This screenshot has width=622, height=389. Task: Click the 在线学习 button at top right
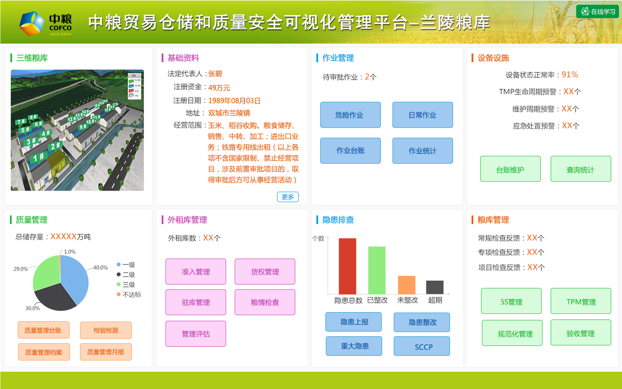(597, 12)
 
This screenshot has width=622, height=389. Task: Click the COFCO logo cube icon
(31, 23)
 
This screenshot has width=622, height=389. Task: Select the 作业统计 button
(422, 151)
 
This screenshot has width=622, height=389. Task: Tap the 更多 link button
(288, 197)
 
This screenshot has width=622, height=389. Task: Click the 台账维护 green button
(510, 169)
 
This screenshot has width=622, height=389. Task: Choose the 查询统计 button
(580, 169)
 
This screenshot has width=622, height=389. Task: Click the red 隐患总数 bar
(347, 266)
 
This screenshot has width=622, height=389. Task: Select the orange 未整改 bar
(406, 285)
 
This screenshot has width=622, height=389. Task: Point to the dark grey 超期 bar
(435, 287)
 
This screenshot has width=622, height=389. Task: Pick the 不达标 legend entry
(131, 295)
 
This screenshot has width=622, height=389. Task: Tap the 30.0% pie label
(32, 308)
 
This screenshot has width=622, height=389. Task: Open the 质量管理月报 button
(106, 352)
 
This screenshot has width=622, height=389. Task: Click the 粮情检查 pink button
(265, 302)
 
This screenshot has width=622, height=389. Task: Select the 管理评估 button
(196, 334)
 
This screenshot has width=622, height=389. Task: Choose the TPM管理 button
(581, 301)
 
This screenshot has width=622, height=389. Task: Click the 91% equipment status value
(570, 75)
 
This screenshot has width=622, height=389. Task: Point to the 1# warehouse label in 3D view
(38, 158)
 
